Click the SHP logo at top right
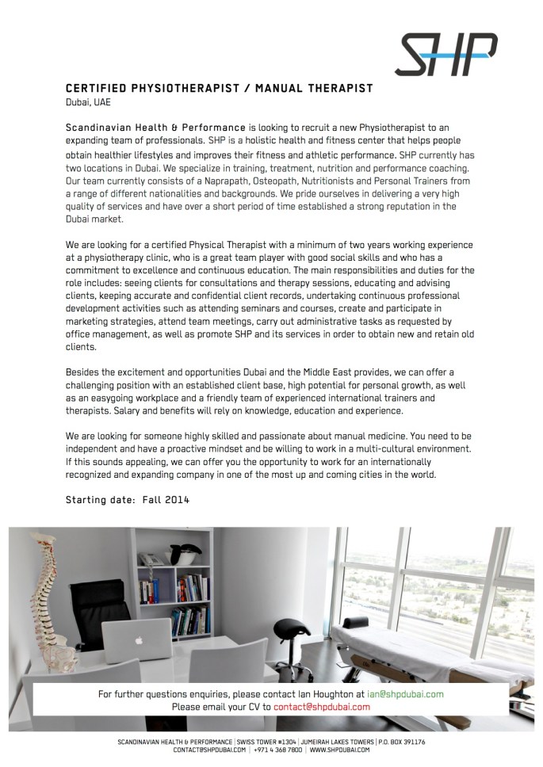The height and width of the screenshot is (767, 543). coord(447,54)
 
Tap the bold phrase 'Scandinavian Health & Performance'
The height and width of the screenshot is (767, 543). coord(155,127)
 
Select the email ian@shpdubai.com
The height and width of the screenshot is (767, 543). coord(405,694)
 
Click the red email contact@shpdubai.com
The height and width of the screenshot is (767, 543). coord(322,707)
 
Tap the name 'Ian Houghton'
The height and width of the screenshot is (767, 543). coord(320,694)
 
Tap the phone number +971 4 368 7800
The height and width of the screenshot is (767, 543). coord(277,750)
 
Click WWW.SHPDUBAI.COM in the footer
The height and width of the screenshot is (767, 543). coord(340,750)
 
